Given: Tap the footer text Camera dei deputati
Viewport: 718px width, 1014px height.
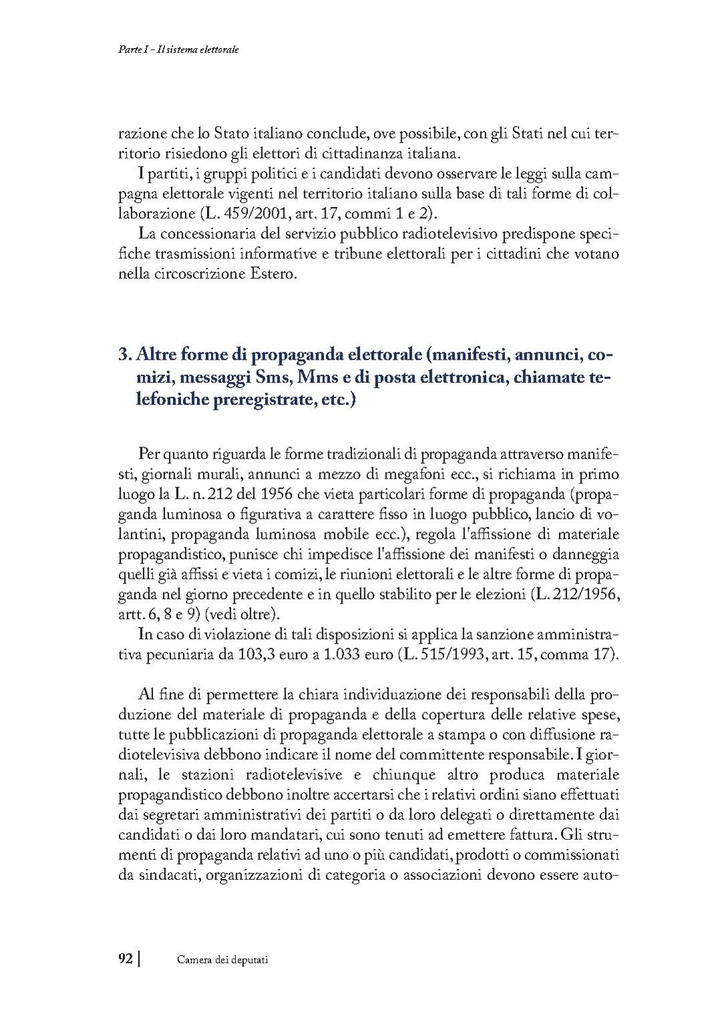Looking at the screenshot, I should pyautogui.click(x=223, y=959).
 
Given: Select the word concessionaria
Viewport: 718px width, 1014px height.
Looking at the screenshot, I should pyautogui.click(x=214, y=234).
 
